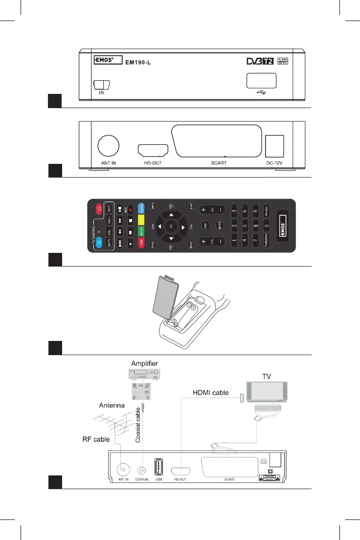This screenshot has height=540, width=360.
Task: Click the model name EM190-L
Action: coord(136,62)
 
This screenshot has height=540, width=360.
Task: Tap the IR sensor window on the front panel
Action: coord(101,85)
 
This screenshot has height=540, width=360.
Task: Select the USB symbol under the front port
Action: coord(260,91)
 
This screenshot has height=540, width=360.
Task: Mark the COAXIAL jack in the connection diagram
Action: coord(142,470)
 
